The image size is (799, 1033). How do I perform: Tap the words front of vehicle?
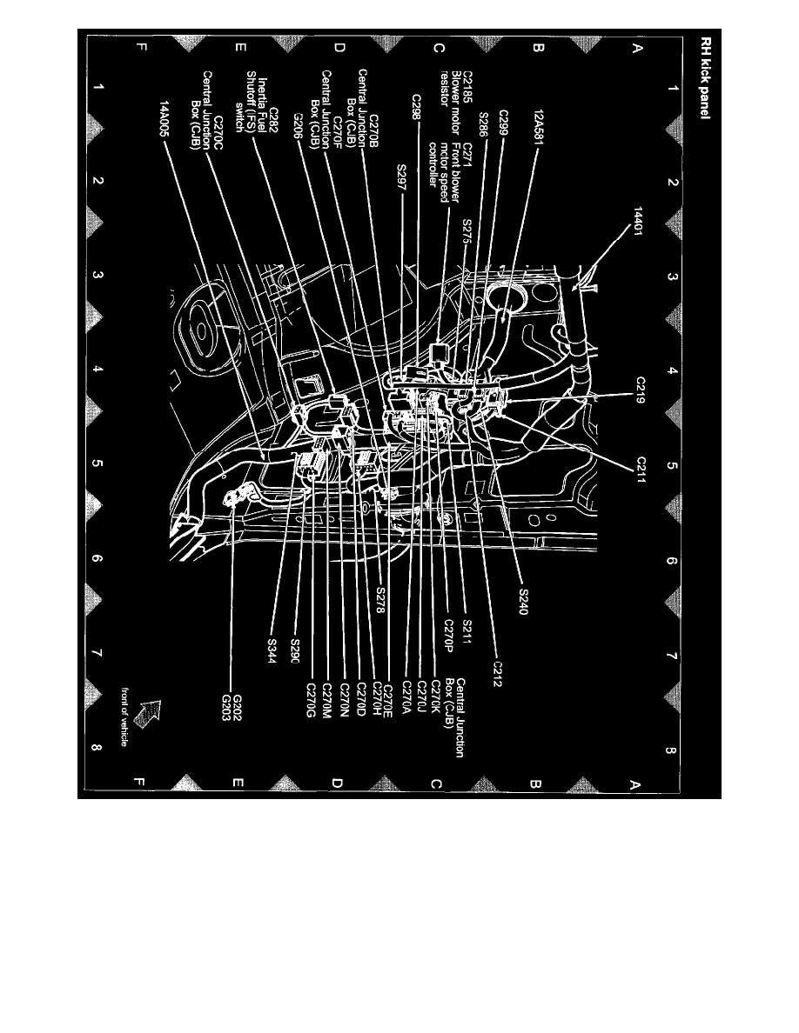click(127, 716)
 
